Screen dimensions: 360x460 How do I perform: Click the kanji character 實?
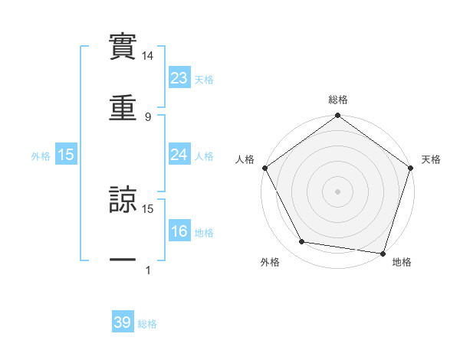click(x=123, y=47)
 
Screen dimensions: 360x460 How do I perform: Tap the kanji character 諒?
click(x=123, y=199)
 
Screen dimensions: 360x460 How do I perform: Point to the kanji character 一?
click(x=123, y=260)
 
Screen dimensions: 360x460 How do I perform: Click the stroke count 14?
click(x=148, y=56)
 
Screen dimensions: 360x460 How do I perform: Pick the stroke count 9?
click(x=148, y=116)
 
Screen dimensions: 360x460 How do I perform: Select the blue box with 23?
click(x=179, y=77)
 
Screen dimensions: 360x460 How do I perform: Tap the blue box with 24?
click(x=179, y=155)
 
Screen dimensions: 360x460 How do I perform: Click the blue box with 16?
click(x=179, y=231)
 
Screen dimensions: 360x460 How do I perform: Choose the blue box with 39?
click(x=123, y=322)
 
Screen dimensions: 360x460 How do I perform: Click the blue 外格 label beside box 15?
click(x=41, y=155)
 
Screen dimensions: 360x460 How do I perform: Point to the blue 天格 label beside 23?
click(x=204, y=79)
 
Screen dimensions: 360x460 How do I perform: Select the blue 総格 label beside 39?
click(x=147, y=324)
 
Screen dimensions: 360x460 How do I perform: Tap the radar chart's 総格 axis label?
click(x=338, y=100)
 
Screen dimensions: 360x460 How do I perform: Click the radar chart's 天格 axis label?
click(x=432, y=159)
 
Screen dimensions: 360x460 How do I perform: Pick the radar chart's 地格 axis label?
click(x=402, y=262)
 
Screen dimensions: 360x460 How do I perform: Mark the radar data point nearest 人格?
click(x=265, y=168)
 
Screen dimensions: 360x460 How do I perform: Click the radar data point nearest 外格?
click(x=302, y=242)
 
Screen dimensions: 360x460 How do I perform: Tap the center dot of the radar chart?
click(x=338, y=191)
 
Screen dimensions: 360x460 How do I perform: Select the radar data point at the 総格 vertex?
click(x=338, y=116)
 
